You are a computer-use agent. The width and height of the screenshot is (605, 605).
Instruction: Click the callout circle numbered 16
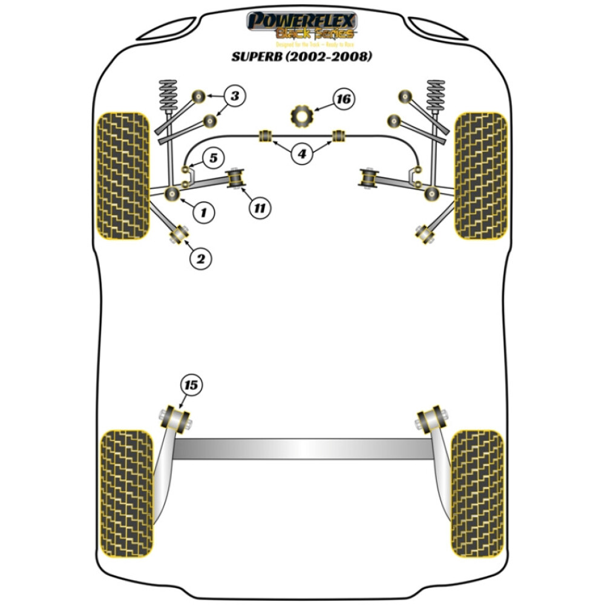click(x=344, y=99)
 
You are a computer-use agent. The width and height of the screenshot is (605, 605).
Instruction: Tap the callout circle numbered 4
click(x=301, y=154)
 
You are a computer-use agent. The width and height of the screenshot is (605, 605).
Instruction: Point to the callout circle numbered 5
click(x=212, y=159)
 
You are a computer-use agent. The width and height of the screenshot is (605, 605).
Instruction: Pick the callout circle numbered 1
click(x=204, y=211)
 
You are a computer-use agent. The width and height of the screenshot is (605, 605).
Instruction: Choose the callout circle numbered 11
click(x=259, y=208)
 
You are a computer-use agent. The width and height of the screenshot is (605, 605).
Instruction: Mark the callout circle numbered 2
click(x=201, y=259)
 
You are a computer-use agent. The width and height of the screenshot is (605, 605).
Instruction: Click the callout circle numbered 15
click(x=191, y=384)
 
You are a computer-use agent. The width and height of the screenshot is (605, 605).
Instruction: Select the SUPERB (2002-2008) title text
click(x=302, y=57)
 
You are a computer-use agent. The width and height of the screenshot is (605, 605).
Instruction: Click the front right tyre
click(x=480, y=175)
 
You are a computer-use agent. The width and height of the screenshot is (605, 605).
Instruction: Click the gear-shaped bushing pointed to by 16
click(x=301, y=115)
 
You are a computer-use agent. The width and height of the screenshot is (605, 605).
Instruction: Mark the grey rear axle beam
click(x=302, y=448)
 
